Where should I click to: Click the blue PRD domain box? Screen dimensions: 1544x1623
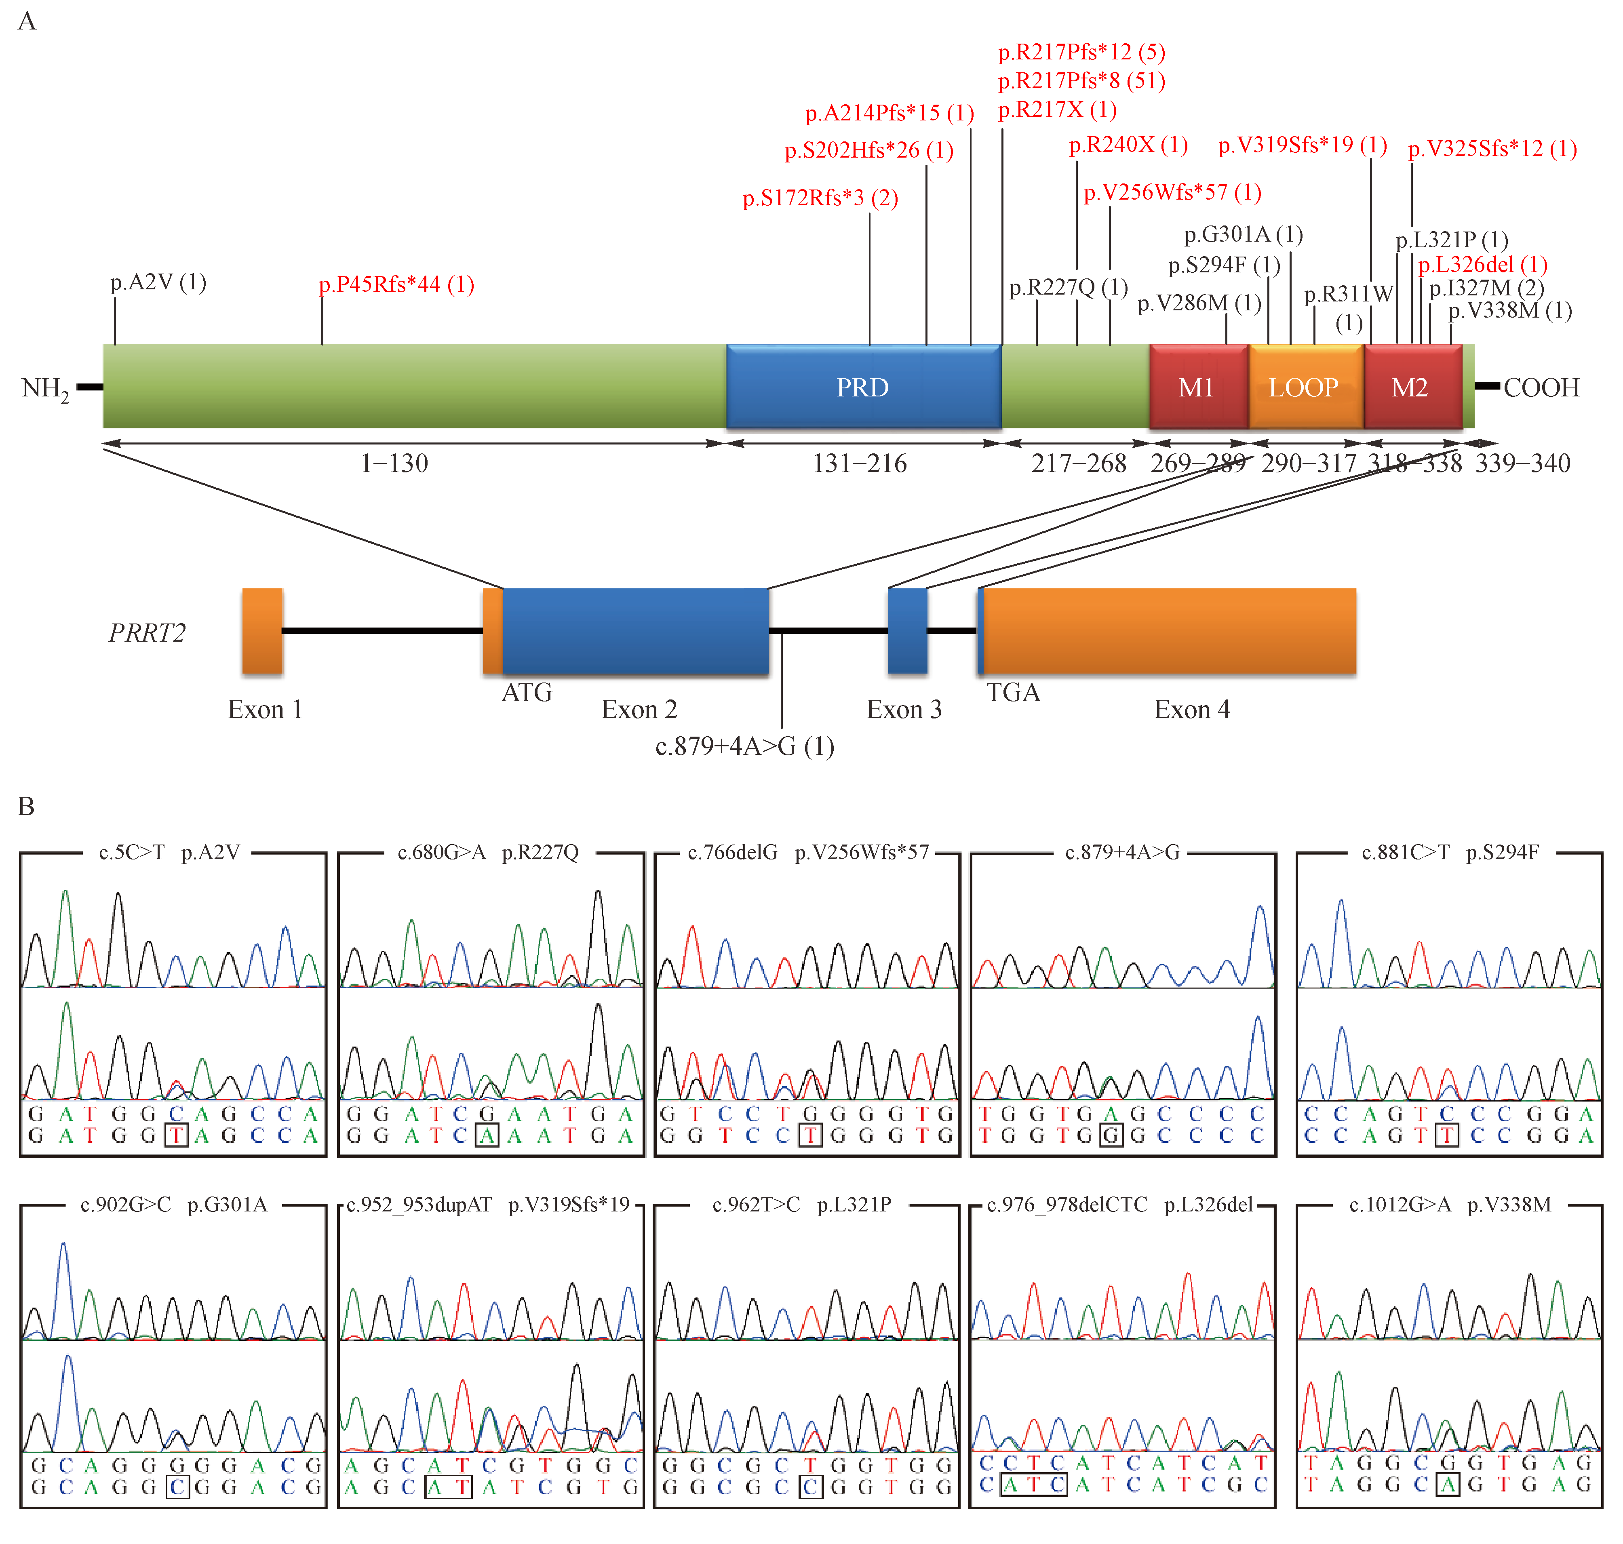pyautogui.click(x=862, y=387)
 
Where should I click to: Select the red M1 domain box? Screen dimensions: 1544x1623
pyautogui.click(x=1197, y=387)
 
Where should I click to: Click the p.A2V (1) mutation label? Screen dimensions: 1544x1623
pyautogui.click(x=158, y=282)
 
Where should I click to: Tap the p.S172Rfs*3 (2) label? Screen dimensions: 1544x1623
pyautogui.click(x=820, y=198)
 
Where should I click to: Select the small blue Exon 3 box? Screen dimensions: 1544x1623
pyautogui.click(x=907, y=630)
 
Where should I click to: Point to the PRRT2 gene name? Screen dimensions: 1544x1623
pyautogui.click(x=148, y=633)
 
